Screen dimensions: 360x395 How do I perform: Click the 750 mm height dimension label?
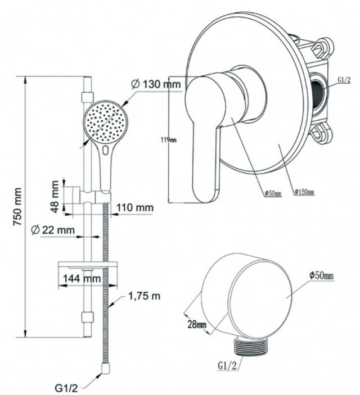pyautogui.click(x=18, y=207)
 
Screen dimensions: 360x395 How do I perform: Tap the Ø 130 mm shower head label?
pyautogui.click(x=156, y=84)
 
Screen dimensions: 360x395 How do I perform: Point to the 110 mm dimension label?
pyautogui.click(x=135, y=207)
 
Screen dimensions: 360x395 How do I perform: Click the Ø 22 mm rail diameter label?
pyautogui.click(x=53, y=230)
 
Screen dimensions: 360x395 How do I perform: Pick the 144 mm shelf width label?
pyautogui.click(x=82, y=279)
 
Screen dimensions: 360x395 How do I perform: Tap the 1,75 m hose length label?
pyautogui.click(x=145, y=296)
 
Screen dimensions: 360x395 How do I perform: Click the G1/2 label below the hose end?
pyautogui.click(x=66, y=388)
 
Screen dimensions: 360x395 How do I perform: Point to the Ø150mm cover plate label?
pyautogui.click(x=304, y=192)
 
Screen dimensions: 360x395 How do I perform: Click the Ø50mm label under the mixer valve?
pyautogui.click(x=273, y=193)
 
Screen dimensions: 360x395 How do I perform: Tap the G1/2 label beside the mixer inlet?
pyautogui.click(x=344, y=80)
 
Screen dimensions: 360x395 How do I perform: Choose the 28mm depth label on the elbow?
pyautogui.click(x=197, y=324)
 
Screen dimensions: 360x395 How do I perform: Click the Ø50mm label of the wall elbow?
pyautogui.click(x=322, y=275)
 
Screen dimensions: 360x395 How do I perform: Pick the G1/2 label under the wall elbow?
pyautogui.click(x=227, y=366)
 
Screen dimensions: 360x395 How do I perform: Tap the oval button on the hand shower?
pyautogui.click(x=106, y=150)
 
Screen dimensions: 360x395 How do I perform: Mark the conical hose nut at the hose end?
pyautogui.click(x=105, y=369)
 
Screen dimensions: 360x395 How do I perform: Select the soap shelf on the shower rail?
pyautogui.click(x=88, y=265)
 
